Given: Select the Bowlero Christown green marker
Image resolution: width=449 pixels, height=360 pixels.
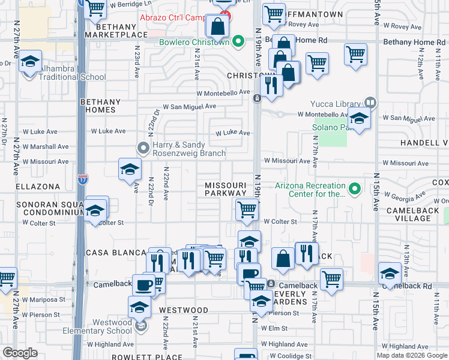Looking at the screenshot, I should coord(238,42).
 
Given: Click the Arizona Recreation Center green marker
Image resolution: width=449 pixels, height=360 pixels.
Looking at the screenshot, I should coord(355,190).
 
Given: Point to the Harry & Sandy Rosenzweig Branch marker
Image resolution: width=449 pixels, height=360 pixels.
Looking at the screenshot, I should coord(143,147).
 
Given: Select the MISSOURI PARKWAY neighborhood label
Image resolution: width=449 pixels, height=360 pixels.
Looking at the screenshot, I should coord(225,189).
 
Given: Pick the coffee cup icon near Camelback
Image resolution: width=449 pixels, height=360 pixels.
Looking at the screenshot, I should coord(143,284).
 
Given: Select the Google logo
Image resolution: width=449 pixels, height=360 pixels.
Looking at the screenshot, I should coord(20,353).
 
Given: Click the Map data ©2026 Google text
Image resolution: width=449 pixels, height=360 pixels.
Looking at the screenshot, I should coord(411,355).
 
